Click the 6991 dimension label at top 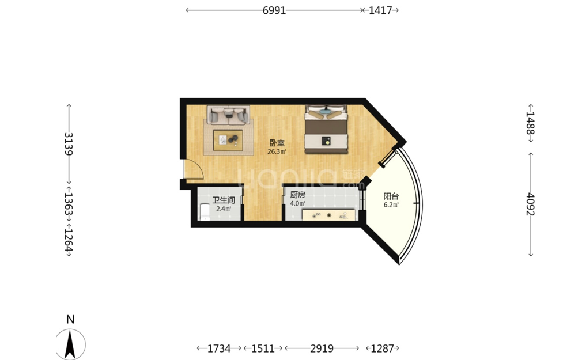click(x=274, y=10)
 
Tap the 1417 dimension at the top click(x=380, y=10)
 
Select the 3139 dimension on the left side click(x=69, y=143)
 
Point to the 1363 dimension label click(x=69, y=204)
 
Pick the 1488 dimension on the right click(x=530, y=123)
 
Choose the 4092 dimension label click(x=530, y=204)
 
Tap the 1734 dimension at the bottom click(x=219, y=348)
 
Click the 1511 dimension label click(x=263, y=348)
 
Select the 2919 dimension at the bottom click(x=322, y=348)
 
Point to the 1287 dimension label click(x=382, y=348)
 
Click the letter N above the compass click(x=70, y=319)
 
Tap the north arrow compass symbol click(x=70, y=344)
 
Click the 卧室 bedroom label click(x=277, y=143)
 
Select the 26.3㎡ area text click(x=277, y=151)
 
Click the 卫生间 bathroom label click(x=224, y=200)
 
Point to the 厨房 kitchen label click(x=298, y=195)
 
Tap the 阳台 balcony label click(x=391, y=196)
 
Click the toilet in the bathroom click(x=205, y=211)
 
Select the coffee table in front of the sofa click(x=228, y=141)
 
